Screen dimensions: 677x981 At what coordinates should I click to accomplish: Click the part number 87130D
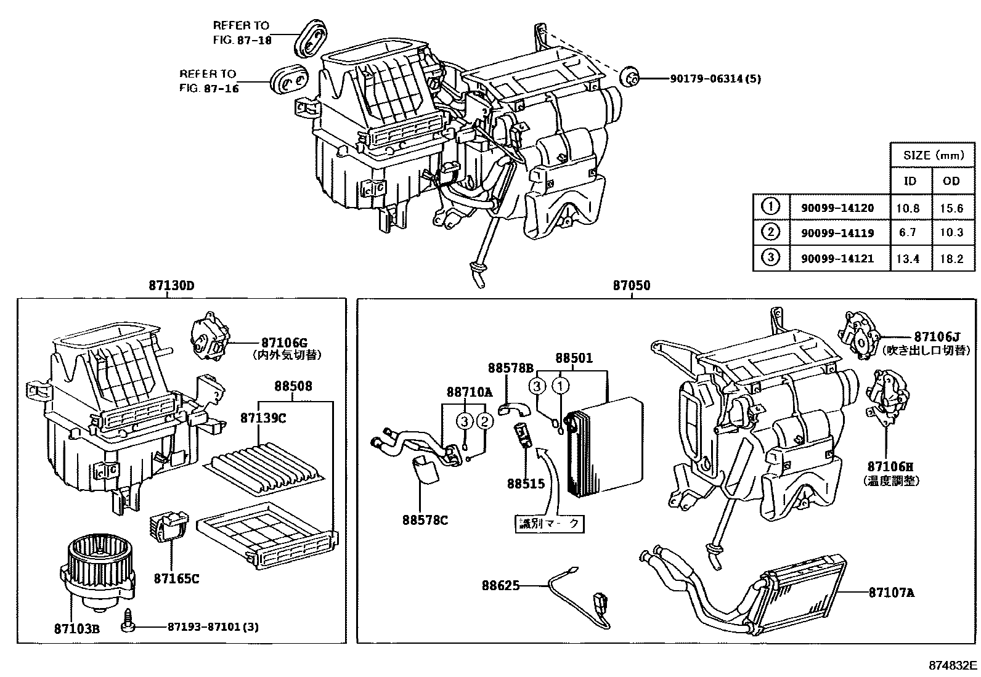pyautogui.click(x=171, y=285)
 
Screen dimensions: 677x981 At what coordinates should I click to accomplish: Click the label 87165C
pyautogui.click(x=176, y=578)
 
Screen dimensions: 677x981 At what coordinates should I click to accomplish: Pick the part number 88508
pyautogui.click(x=293, y=387)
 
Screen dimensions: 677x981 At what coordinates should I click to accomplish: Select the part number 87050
pyautogui.click(x=631, y=285)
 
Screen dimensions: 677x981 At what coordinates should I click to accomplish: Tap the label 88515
pyautogui.click(x=526, y=484)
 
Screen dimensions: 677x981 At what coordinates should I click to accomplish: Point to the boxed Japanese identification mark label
pyautogui.click(x=549, y=523)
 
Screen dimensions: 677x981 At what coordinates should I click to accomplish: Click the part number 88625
pyautogui.click(x=500, y=585)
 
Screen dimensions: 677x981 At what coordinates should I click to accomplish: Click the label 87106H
pyautogui.click(x=890, y=467)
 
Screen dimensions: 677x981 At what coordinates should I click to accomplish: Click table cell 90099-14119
pyautogui.click(x=837, y=233)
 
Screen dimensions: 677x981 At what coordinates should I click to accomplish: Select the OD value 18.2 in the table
pyautogui.click(x=951, y=259)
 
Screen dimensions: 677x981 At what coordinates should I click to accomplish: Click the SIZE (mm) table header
pyautogui.click(x=933, y=155)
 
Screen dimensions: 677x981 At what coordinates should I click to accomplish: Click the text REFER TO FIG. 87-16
pyautogui.click(x=208, y=81)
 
